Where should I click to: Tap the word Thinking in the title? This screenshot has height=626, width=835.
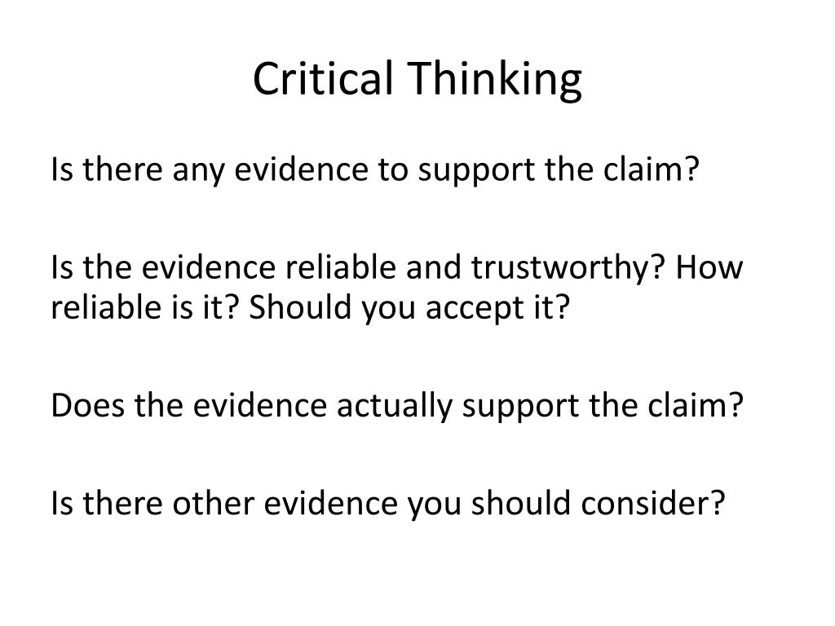click(x=495, y=81)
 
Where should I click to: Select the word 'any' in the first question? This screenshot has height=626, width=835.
click(x=199, y=171)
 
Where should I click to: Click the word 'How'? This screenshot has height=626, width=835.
click(x=709, y=267)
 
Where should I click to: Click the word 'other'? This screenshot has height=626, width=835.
click(x=213, y=503)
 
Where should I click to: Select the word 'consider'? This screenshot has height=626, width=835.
click(x=646, y=503)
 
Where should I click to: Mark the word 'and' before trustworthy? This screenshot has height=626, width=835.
click(x=434, y=267)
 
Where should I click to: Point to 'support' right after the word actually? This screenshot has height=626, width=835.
click(x=520, y=408)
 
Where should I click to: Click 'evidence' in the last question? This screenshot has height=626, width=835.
click(x=331, y=503)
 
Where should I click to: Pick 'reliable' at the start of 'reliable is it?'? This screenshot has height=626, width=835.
click(x=106, y=307)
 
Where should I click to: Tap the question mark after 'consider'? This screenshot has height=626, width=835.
click(x=718, y=502)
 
